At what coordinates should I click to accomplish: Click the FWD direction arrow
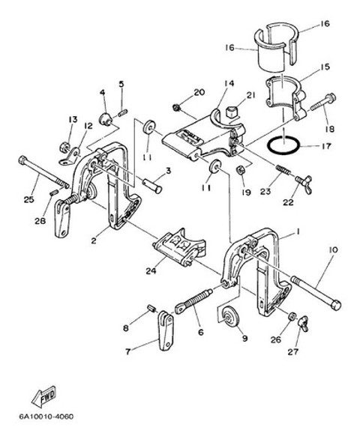coord(44,396)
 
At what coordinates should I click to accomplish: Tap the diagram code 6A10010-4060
coord(46,417)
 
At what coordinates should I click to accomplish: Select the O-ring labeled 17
coord(283,145)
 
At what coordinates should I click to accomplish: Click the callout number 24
coord(151,271)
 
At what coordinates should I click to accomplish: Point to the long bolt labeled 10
coord(316,294)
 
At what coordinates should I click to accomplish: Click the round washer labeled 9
coord(230,316)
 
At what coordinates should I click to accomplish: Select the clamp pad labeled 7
coord(166,330)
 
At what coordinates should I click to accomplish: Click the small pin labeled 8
coord(152,308)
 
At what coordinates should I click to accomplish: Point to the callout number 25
coord(28,199)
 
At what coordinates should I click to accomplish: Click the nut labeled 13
coord(64,147)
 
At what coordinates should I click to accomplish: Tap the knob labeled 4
coord(106,119)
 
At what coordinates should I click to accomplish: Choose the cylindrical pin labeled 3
coord(151,184)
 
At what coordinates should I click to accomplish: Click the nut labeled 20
coord(176,107)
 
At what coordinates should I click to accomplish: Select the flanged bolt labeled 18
coord(323,103)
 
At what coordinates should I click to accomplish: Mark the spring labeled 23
coord(283,170)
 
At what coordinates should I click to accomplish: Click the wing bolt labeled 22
coord(304,184)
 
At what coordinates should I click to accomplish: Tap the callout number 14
coord(229,84)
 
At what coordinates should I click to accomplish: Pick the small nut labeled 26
coord(292,315)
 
